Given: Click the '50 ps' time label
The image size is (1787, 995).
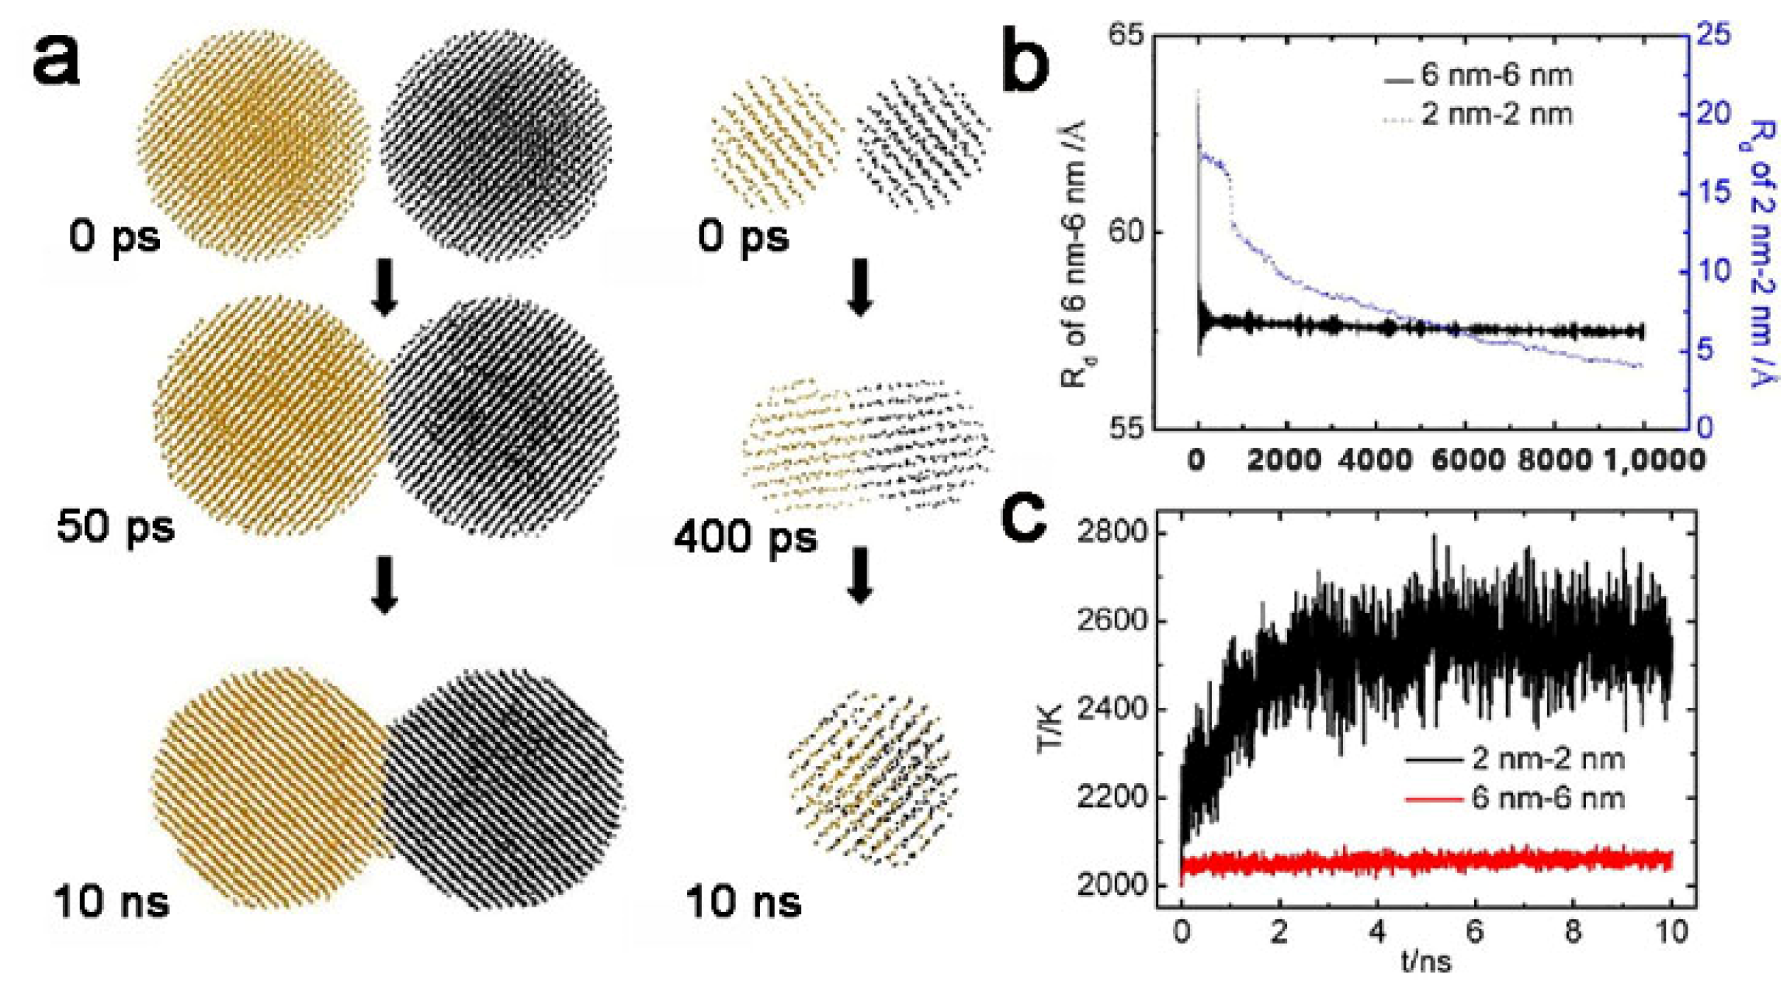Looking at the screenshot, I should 116,528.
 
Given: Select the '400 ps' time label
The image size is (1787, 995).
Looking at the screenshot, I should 745,536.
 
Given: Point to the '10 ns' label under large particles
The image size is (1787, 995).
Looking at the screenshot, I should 111,903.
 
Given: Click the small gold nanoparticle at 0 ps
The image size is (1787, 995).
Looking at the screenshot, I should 776,141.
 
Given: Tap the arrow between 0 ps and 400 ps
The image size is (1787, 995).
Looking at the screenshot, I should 859,288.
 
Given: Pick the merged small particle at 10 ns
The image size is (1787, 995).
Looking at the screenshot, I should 873,779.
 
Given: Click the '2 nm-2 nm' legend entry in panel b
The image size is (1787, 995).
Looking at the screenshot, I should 1497,115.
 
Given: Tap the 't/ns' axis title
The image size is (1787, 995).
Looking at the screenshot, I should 1426,963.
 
